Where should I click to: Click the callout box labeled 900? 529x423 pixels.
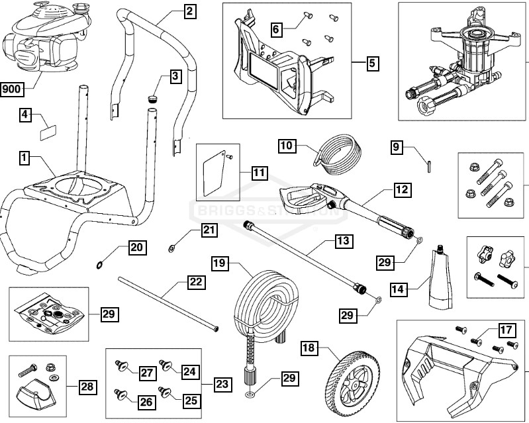[13, 89]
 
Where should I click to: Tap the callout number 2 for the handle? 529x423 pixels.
[189, 11]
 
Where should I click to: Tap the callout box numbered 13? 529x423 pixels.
[342, 242]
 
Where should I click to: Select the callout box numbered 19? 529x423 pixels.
[219, 263]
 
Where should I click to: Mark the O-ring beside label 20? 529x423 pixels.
[99, 265]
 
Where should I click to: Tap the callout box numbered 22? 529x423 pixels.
[195, 281]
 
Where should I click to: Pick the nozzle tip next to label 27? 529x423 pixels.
[121, 365]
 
